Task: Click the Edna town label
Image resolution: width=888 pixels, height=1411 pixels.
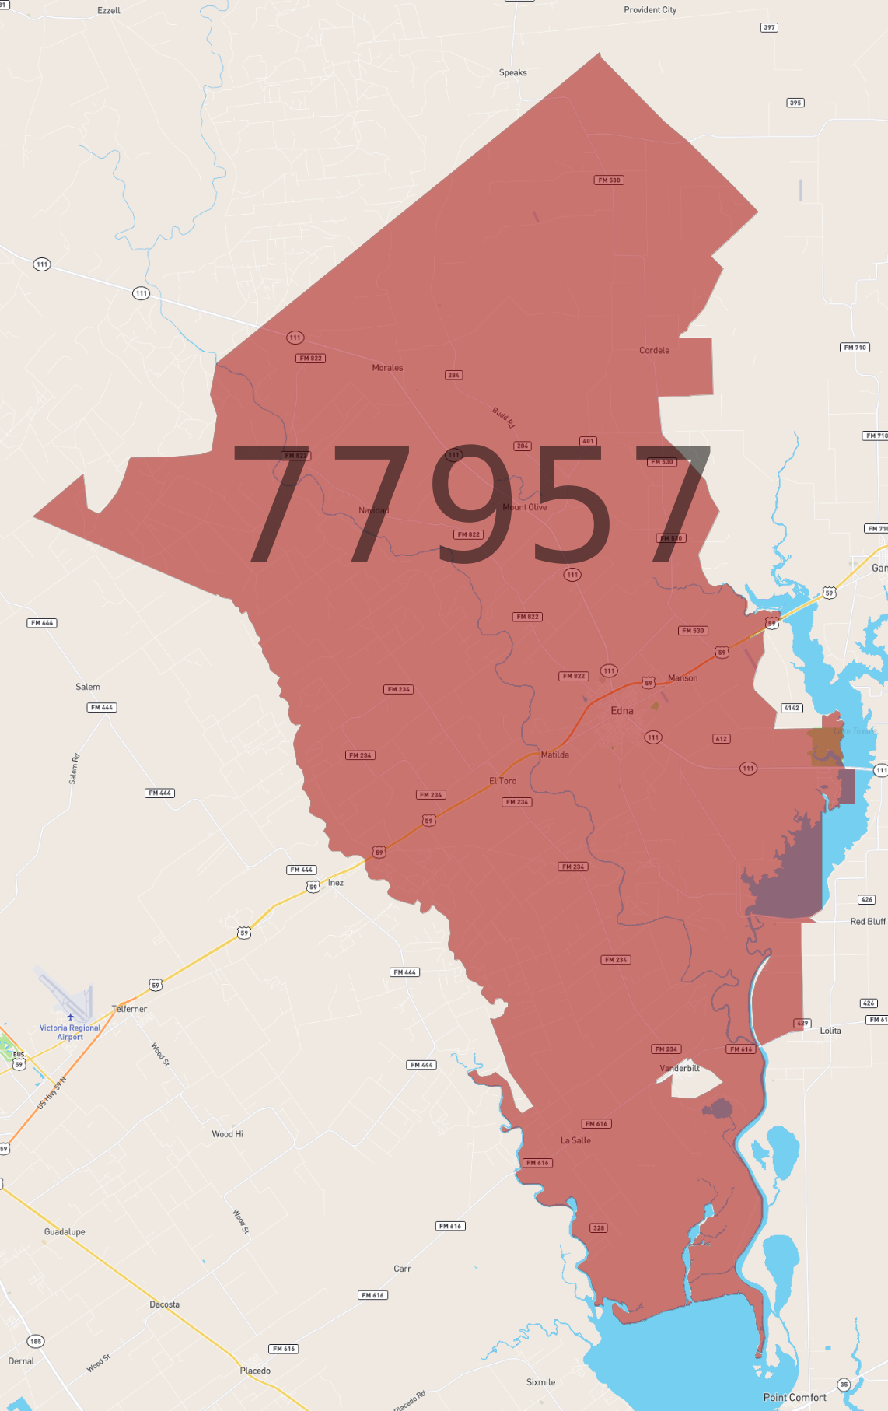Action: [621, 710]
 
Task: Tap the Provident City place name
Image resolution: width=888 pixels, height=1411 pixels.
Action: [649, 10]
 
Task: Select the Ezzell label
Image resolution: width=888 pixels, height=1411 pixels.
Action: [109, 11]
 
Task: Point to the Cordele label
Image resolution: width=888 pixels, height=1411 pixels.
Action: [654, 351]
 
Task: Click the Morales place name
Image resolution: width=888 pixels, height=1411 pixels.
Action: [387, 368]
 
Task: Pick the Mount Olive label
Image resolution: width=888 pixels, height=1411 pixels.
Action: [525, 507]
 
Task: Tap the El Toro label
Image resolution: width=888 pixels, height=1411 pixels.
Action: [502, 781]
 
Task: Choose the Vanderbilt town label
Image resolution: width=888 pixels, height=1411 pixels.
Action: [680, 1068]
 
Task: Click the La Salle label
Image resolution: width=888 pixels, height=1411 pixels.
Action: [575, 1140]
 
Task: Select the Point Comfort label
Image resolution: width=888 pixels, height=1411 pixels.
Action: [794, 1397]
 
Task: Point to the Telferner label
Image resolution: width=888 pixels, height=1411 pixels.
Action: [129, 1009]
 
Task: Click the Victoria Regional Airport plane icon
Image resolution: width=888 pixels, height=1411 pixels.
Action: [70, 1017]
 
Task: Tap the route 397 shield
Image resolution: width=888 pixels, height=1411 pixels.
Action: [769, 27]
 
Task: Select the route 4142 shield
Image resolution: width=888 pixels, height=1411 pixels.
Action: [792, 708]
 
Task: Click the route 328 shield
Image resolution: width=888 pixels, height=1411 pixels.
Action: [598, 1228]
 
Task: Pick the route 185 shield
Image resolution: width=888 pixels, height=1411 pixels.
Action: [36, 1341]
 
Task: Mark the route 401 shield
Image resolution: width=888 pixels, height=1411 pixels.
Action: [588, 441]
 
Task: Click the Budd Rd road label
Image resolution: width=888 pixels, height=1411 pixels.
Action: [503, 418]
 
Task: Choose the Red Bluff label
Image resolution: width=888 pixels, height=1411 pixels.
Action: [867, 922]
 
